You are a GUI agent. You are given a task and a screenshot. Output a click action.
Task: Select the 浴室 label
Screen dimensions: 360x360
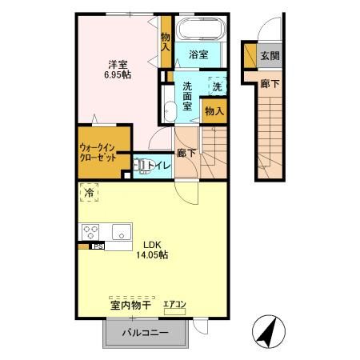[x=198, y=54]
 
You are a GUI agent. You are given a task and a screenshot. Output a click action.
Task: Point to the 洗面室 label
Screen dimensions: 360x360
[x=186, y=96]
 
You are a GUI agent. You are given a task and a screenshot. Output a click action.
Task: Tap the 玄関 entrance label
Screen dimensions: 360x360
[x=270, y=56]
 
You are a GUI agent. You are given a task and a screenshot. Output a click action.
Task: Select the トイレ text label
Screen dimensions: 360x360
[x=160, y=166]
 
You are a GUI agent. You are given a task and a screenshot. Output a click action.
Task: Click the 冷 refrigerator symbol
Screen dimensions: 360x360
[x=90, y=192]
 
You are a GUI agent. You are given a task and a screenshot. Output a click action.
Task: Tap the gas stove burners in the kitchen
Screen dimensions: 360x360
[x=90, y=233]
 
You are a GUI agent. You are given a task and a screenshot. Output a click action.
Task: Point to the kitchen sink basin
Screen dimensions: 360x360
[x=122, y=233]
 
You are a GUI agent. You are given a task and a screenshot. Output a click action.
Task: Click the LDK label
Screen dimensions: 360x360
[x=154, y=244]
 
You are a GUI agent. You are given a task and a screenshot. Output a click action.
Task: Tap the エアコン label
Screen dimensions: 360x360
[x=174, y=304]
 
